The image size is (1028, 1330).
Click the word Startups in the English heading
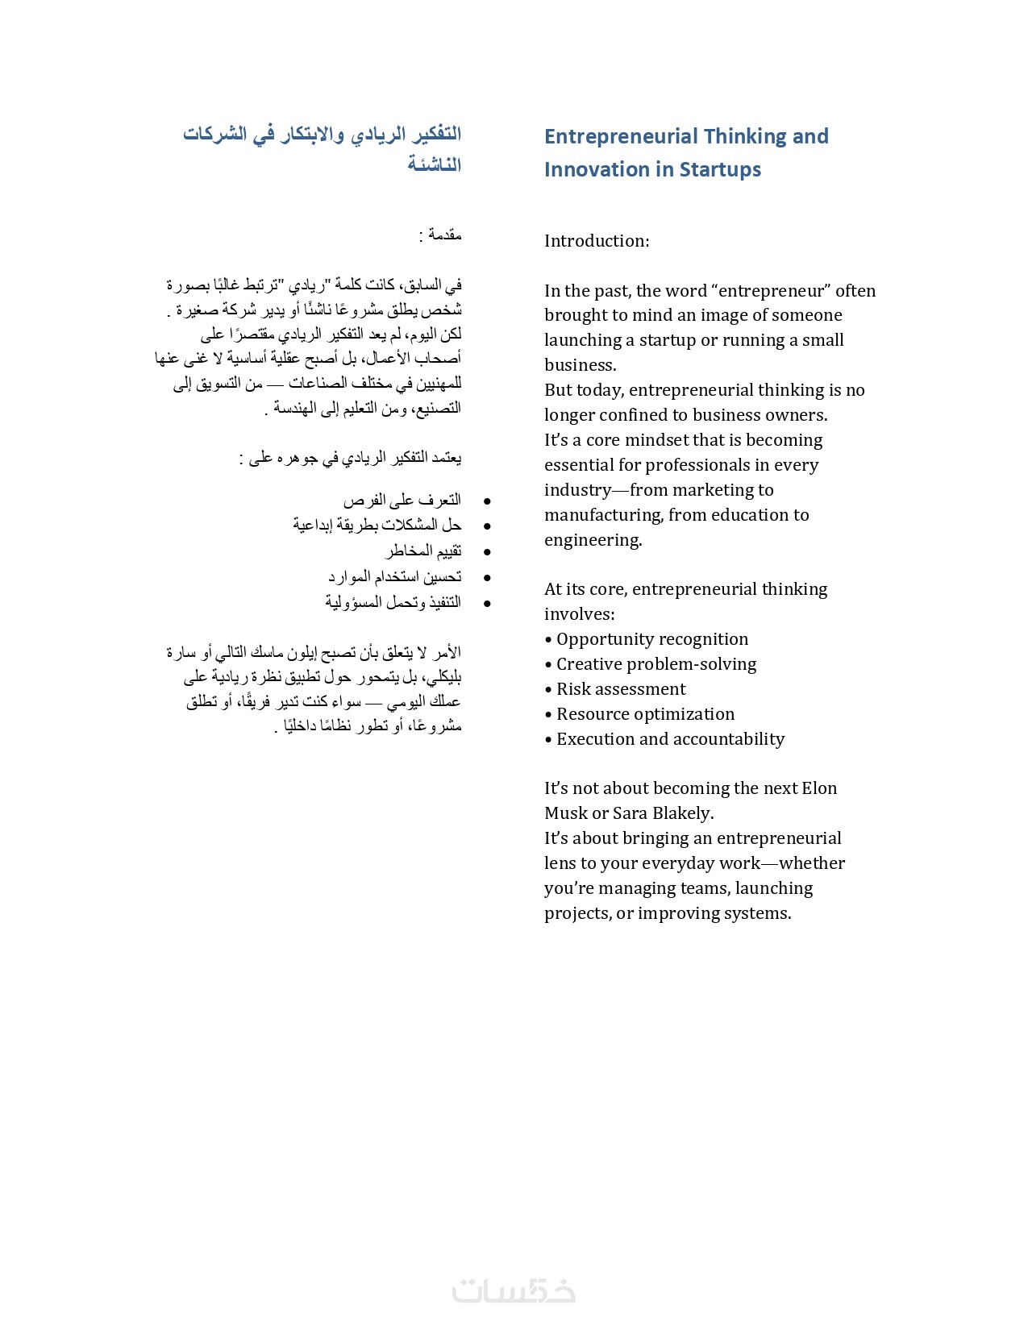(x=720, y=169)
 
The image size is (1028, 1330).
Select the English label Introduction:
(x=597, y=241)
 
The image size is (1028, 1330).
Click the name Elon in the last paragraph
(x=819, y=788)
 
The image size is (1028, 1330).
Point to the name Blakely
(x=683, y=813)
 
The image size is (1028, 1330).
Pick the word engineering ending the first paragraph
(x=592, y=540)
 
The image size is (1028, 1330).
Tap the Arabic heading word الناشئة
(x=434, y=164)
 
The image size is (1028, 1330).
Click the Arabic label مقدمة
(x=444, y=235)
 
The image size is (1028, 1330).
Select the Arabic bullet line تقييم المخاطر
(x=423, y=551)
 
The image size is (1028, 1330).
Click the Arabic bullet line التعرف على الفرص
(x=402, y=501)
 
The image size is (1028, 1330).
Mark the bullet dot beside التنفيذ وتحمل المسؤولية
(x=487, y=603)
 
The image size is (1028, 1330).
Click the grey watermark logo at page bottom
(x=514, y=1289)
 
